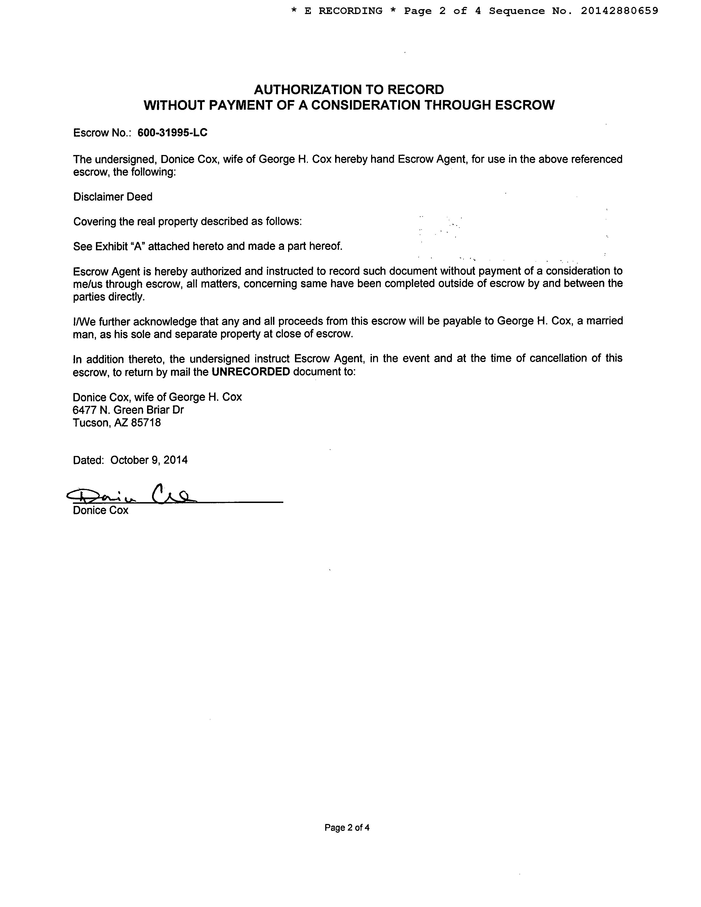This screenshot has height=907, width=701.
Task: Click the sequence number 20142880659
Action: coord(619,11)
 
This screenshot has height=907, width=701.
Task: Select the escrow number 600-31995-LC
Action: coord(172,133)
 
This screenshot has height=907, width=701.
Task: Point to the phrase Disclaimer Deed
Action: coord(113,197)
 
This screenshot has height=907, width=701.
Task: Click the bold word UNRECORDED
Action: coord(250,372)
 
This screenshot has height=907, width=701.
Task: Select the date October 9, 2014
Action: coord(149,460)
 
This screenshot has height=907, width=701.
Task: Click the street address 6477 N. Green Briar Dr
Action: coord(128,410)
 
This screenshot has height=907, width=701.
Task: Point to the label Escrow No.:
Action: coord(102,133)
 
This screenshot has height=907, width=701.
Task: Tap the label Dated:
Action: coord(88,460)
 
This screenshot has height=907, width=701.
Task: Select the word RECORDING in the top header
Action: coord(350,11)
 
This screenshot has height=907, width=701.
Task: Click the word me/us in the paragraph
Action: coord(88,284)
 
